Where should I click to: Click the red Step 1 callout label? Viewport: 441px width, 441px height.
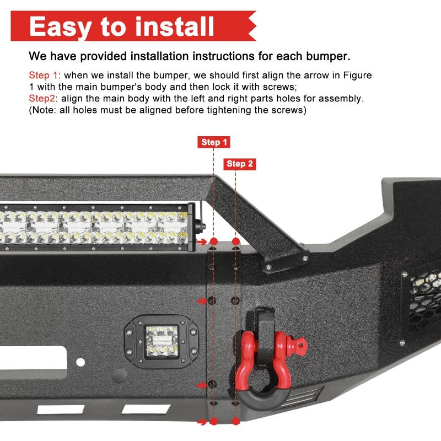(214, 142)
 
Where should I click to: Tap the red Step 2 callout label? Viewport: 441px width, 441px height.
(240, 164)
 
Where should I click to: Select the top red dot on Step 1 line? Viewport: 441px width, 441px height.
(214, 242)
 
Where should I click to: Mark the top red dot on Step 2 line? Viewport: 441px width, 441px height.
(236, 242)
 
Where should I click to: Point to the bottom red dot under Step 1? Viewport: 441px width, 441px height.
(214, 422)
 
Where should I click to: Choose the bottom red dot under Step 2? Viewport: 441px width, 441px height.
(236, 422)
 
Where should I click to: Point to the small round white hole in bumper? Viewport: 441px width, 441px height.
(80, 362)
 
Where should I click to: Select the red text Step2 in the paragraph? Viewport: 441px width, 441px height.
(44, 99)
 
